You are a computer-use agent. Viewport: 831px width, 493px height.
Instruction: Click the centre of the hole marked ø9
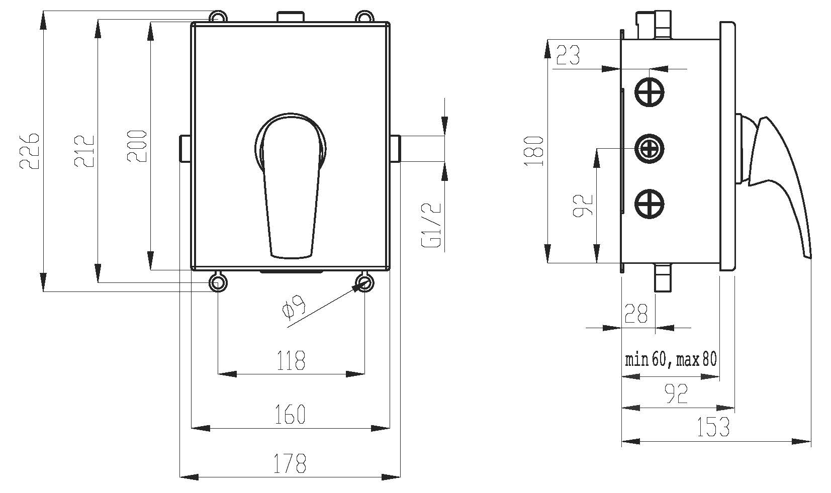pos(364,282)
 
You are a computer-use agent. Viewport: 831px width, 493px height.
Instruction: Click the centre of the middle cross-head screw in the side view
pos(649,149)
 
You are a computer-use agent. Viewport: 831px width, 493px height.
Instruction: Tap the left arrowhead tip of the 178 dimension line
pos(180,477)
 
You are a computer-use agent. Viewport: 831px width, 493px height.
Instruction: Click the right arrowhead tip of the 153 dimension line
pos(811,441)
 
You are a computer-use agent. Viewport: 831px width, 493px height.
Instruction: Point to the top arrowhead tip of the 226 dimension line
pos(43,11)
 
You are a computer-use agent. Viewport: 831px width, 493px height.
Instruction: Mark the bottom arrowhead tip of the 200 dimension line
pos(150,270)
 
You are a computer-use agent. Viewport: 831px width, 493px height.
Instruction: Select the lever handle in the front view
pos(291,185)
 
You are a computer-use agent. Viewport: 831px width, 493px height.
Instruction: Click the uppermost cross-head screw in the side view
pos(649,92)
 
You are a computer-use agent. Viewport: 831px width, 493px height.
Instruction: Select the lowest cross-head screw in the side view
pos(649,204)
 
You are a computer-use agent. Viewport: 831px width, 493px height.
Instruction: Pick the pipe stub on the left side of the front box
pos(185,148)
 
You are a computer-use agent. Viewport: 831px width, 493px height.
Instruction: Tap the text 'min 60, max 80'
pos(671,359)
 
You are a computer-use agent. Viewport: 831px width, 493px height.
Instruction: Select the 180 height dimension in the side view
pos(534,151)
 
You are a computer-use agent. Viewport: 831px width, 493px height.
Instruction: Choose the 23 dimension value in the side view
pos(568,55)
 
